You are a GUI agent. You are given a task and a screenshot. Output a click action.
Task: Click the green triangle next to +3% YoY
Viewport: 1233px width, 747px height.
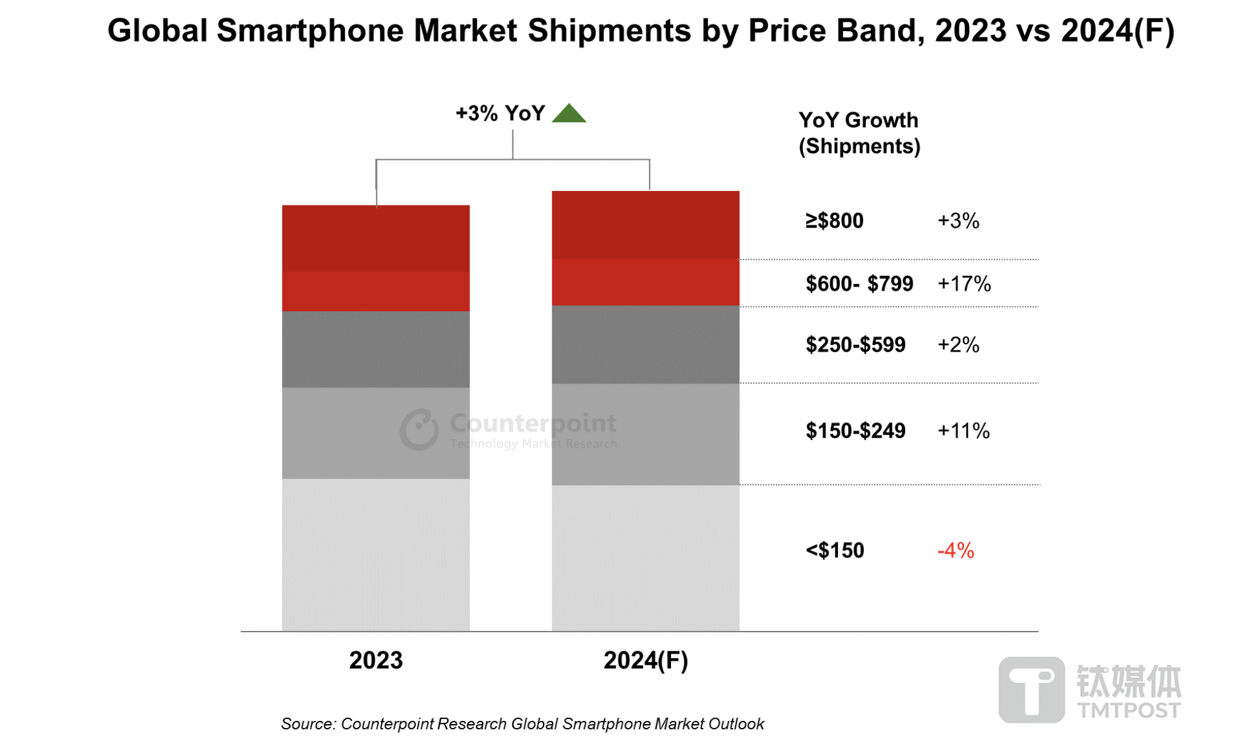[568, 114]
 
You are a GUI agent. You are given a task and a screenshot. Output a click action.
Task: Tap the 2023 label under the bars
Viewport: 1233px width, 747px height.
[375, 660]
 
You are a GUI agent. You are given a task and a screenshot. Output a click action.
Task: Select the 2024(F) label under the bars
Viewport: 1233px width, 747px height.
[645, 660]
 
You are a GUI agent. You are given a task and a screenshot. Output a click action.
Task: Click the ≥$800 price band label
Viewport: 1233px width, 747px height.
[834, 221]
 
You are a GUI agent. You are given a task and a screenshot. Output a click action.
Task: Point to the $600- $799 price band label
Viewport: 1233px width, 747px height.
[859, 283]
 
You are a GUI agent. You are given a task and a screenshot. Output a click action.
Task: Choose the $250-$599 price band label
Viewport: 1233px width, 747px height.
[855, 345]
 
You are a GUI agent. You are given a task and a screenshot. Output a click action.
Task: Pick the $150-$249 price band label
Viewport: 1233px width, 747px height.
[855, 431]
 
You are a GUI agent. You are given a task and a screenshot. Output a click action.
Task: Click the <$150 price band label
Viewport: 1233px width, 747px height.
[835, 550]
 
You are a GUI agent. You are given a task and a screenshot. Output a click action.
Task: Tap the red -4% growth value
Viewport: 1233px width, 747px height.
[955, 550]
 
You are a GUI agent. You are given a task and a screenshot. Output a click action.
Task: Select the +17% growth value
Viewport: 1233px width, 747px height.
[964, 283]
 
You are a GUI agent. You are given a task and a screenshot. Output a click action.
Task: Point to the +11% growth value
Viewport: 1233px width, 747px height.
[963, 431]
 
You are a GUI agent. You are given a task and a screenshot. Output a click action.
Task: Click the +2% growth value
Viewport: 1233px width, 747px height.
[958, 345]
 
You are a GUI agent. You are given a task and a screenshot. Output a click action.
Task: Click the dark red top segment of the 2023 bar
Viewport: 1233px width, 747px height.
[375, 238]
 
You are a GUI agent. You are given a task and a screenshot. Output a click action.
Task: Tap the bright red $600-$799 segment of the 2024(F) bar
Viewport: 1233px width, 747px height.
[645, 282]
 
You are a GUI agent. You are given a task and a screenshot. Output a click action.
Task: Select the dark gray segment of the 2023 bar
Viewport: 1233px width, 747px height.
[375, 349]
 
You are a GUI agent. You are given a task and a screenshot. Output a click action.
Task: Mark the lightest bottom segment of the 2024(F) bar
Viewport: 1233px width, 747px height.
[645, 558]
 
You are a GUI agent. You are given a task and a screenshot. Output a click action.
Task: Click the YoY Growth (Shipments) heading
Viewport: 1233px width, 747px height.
[859, 133]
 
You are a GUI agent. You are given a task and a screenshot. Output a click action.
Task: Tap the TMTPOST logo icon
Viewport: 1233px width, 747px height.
[1031, 689]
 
